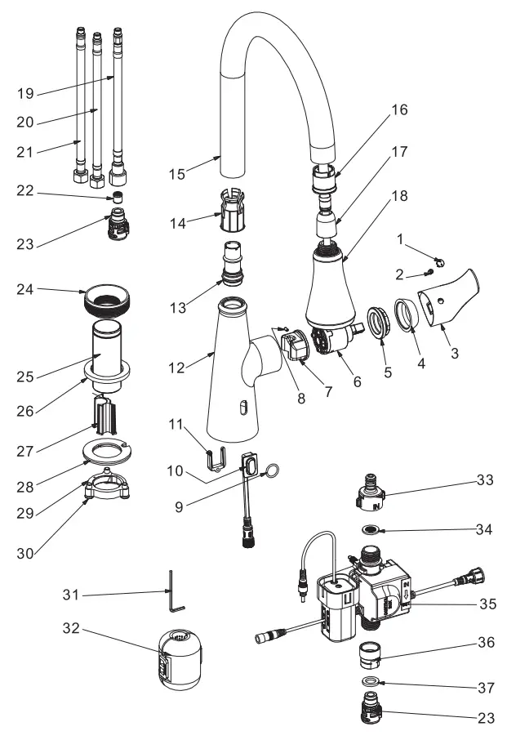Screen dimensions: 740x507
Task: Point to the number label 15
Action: click(x=176, y=173)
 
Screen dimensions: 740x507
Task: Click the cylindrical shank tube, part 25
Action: click(x=109, y=351)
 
